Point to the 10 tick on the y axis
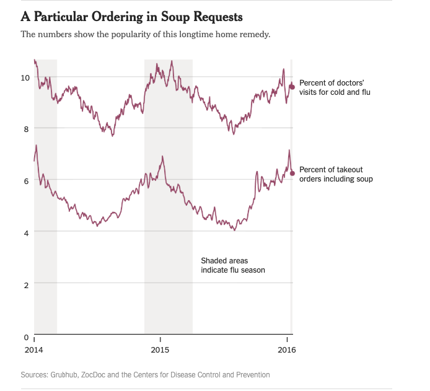25,77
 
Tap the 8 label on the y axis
27,129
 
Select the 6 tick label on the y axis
27,181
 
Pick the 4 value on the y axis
27,232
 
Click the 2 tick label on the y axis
27,284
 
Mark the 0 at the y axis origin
27,336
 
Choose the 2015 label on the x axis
160,350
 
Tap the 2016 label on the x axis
287,350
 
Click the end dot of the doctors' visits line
292,87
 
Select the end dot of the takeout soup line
292,173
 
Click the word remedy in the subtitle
254,34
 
